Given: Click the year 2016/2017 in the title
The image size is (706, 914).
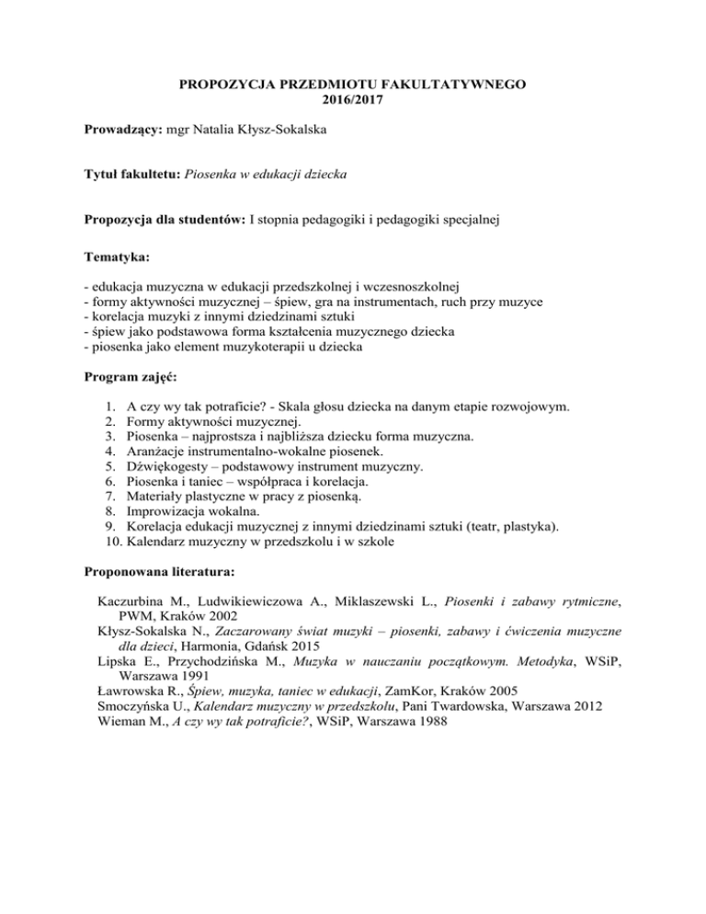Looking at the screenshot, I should pos(352,102).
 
